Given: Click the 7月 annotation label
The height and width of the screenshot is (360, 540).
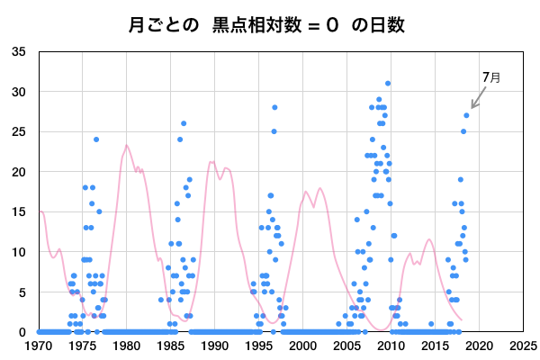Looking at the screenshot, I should click(491, 78).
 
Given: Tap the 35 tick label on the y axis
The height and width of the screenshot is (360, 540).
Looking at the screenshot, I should click(19, 52).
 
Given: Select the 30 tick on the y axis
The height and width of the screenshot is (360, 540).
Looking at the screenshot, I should click(19, 92).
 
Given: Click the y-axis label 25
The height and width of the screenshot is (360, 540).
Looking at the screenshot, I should click(19, 132).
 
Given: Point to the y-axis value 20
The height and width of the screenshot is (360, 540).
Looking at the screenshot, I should click(19, 172).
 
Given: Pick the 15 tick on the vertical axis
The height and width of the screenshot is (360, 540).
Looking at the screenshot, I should click(19, 212).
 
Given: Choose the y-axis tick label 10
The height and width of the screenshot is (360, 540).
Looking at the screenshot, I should click(19, 252).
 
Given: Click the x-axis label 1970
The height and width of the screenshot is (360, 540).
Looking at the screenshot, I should click(39, 346).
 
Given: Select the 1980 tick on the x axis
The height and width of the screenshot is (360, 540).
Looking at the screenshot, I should click(126, 346).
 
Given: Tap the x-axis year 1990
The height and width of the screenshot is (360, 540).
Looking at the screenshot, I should click(214, 346).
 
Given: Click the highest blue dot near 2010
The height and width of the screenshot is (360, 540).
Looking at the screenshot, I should click(388, 84).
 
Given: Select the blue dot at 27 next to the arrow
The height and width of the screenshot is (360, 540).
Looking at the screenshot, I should click(466, 115).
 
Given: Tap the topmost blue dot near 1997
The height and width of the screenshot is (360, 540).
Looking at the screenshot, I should click(274, 107).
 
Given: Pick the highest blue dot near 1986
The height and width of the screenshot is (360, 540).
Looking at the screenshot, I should click(184, 123).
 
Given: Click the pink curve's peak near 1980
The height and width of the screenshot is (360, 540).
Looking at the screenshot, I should click(127, 146).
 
